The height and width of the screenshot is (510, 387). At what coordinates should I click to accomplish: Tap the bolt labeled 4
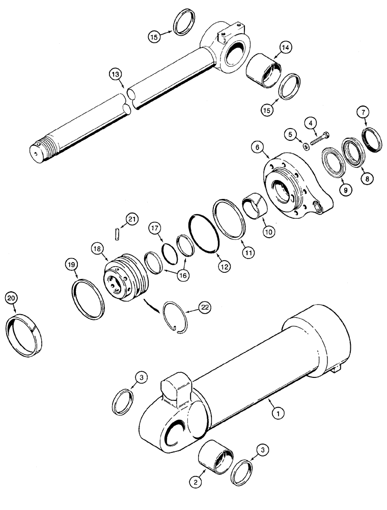[319, 138]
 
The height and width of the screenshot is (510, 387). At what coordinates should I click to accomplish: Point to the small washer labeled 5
[305, 147]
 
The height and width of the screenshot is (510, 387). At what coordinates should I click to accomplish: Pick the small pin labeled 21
[117, 232]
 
